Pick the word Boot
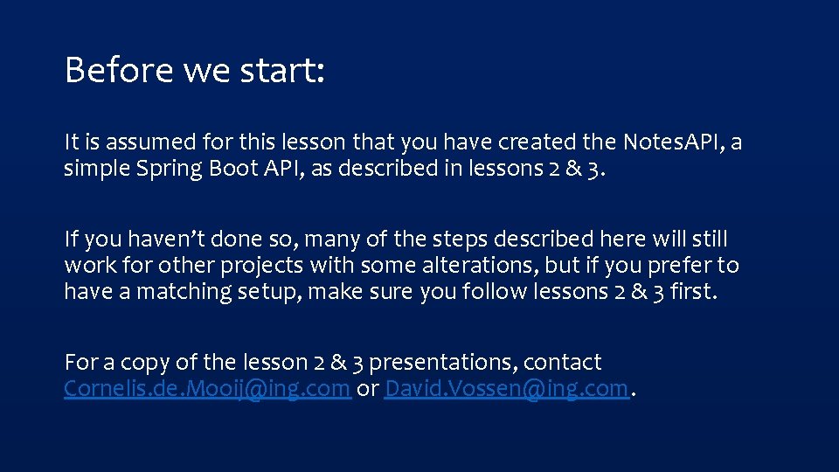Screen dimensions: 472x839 (231, 169)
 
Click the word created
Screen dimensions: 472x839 (534, 142)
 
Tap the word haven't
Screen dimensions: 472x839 (163, 239)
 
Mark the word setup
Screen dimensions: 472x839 (270, 292)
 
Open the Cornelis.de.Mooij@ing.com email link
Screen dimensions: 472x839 (207, 388)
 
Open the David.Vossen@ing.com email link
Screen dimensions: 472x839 (506, 388)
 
